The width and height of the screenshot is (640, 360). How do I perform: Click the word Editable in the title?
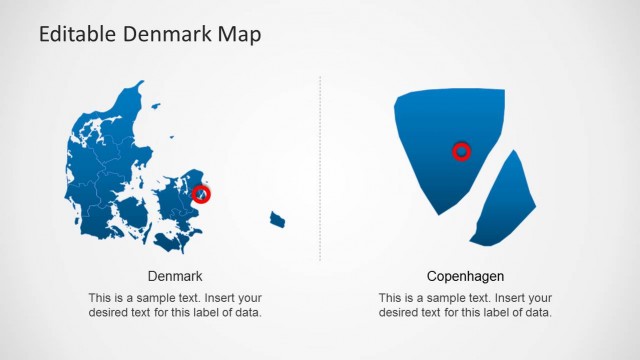(x=79, y=35)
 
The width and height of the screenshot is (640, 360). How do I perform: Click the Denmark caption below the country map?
(x=175, y=276)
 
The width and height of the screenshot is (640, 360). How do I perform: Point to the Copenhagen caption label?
(x=465, y=276)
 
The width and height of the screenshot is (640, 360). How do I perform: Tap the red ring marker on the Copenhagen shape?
(x=461, y=151)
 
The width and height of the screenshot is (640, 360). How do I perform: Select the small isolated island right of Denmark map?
(x=277, y=219)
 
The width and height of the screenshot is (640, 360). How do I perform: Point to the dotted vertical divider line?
(x=320, y=170)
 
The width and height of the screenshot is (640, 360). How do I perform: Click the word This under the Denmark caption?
(x=100, y=298)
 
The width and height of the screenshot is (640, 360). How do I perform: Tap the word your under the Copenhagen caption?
(x=537, y=298)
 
